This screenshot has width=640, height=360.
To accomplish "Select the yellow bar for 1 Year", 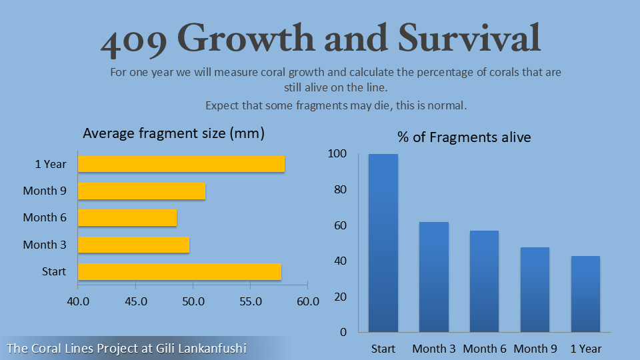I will click(x=181, y=163).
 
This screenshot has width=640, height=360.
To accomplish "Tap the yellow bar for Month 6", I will click(x=127, y=217).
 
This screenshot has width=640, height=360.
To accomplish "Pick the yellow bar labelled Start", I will click(x=179, y=271).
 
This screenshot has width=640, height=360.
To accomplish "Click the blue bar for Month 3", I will click(x=434, y=277).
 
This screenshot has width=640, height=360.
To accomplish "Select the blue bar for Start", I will click(x=383, y=243).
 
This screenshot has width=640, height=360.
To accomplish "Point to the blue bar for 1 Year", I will click(x=585, y=293).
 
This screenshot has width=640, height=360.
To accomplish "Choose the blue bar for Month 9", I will click(x=535, y=289).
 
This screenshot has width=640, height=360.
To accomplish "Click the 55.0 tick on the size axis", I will click(x=250, y=301).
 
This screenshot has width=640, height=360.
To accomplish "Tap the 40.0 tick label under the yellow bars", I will click(x=79, y=301).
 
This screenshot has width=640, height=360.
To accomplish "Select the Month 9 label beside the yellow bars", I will click(x=45, y=191).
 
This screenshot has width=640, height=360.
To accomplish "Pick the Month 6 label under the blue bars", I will click(x=485, y=349).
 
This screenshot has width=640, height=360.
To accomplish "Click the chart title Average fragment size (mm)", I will click(x=174, y=133).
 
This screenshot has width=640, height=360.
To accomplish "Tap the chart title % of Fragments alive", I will click(x=464, y=137).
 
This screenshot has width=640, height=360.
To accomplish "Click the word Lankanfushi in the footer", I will click(x=212, y=348).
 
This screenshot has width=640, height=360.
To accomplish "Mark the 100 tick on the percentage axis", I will click(x=337, y=154).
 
